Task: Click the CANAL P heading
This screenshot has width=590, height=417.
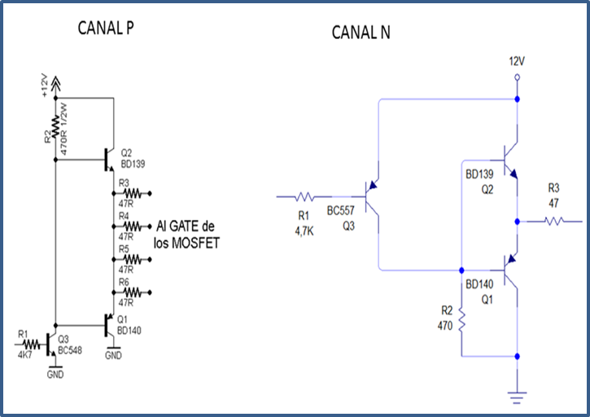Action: click(106, 28)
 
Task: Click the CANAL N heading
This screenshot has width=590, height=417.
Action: click(361, 33)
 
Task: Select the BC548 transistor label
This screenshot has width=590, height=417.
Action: click(70, 350)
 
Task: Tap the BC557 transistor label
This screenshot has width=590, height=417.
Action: click(340, 211)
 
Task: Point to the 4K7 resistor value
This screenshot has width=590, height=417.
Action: click(25, 355)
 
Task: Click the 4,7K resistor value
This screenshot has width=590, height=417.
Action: click(304, 231)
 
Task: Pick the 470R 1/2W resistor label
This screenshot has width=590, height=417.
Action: click(63, 129)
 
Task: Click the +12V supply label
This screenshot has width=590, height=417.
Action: click(45, 86)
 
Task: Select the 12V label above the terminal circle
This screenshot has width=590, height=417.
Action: click(517, 61)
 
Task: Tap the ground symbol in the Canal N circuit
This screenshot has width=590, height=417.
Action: click(517, 397)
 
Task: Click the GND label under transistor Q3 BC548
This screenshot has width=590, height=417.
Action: click(55, 375)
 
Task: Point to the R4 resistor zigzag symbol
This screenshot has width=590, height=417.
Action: click(133, 226)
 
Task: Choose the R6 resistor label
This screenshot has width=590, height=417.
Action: click(124, 282)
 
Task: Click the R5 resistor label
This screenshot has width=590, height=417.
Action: click(124, 249)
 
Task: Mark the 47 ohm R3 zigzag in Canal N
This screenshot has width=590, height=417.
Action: click(553, 221)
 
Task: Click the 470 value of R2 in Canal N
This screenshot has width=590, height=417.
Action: click(445, 326)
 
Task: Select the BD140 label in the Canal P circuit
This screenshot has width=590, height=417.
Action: click(129, 331)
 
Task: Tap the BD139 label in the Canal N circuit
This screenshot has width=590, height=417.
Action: click(479, 174)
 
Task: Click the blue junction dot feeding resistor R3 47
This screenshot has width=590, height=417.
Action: click(518, 222)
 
